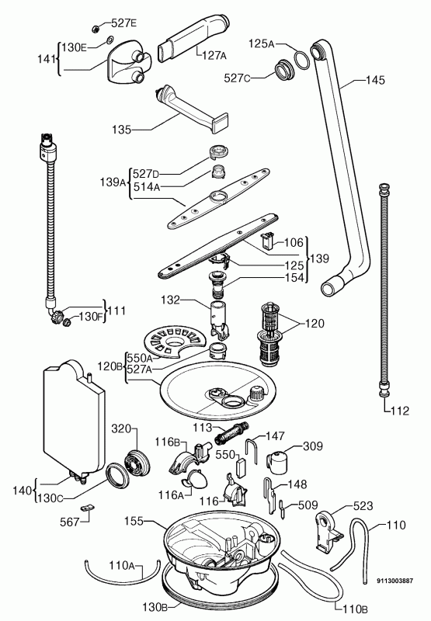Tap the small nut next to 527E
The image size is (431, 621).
pyautogui.click(x=95, y=28)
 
